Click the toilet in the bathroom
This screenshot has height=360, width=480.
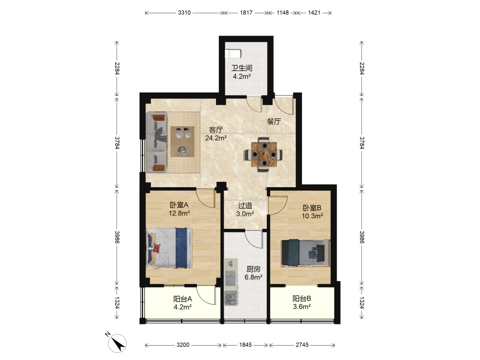(x=233, y=54)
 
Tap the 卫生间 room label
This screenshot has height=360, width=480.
(x=242, y=68)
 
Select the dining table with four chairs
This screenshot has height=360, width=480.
(x=264, y=155)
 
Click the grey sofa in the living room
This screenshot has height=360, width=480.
(x=156, y=142)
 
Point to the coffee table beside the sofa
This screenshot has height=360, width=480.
(x=182, y=142)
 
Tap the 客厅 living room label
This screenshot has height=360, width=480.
(x=216, y=130)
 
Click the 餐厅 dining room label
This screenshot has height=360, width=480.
(x=274, y=121)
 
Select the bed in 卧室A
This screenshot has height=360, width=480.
(x=169, y=248)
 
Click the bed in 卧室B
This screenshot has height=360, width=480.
(x=305, y=252)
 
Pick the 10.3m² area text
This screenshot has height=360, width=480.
(x=312, y=216)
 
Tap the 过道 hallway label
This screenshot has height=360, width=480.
(x=245, y=206)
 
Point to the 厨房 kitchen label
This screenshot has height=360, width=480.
(x=253, y=269)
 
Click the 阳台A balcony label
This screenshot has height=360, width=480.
(x=182, y=299)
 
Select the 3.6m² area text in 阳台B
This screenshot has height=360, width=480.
(x=302, y=307)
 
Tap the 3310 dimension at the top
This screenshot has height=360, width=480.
(x=184, y=12)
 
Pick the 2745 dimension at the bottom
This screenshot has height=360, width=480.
(x=302, y=345)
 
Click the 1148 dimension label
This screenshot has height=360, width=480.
(x=283, y=12)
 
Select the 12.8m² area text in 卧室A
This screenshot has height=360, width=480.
(x=180, y=213)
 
